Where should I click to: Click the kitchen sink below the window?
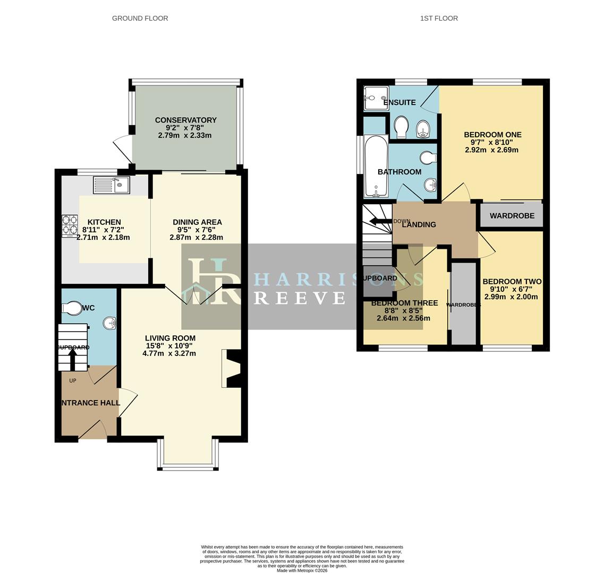[x=111, y=185]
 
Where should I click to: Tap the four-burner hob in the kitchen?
[x=70, y=225]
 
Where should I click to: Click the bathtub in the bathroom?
[x=376, y=166]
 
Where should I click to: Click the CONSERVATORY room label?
[x=185, y=120]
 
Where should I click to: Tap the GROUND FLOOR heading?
[x=140, y=18]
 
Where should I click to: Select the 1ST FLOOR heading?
[x=439, y=18]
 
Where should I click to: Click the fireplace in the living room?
[x=232, y=368]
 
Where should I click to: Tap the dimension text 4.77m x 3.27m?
[x=169, y=353]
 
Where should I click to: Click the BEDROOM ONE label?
[x=492, y=135]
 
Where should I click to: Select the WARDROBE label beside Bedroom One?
[x=512, y=216]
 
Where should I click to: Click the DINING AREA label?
[x=197, y=222]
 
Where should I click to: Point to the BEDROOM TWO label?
[x=512, y=282]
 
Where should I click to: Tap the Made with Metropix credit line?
[x=302, y=570]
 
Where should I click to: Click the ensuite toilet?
[x=401, y=127]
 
